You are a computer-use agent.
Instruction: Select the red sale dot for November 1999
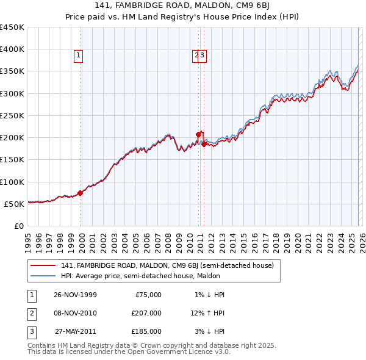tap(81, 193)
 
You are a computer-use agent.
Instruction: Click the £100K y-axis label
tap(12, 182)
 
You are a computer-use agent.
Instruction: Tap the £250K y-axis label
tap(12, 115)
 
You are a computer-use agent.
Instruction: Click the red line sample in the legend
tap(43, 265)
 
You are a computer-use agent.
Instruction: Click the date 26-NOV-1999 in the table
tap(75, 295)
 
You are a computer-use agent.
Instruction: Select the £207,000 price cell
tap(146, 313)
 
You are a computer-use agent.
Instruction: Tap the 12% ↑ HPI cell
tap(207, 313)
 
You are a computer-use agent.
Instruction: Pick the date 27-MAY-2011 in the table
tap(75, 331)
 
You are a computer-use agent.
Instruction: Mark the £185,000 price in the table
tap(146, 331)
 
